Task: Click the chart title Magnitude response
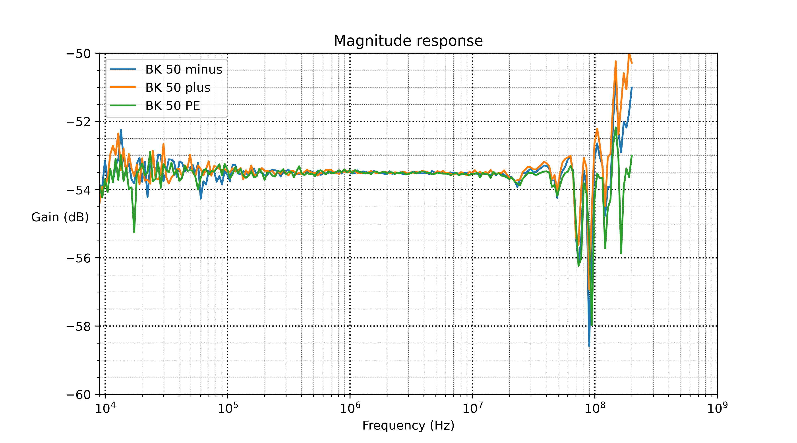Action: [x=408, y=41]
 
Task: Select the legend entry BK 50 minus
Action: [x=184, y=69]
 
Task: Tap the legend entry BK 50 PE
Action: [x=173, y=106]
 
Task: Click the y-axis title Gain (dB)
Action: [x=60, y=217]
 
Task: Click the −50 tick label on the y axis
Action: [x=79, y=54]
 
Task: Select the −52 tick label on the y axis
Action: [x=79, y=122]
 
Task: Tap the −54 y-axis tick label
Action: [x=79, y=190]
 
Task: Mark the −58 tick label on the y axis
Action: [x=79, y=326]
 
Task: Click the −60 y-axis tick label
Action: [x=79, y=394]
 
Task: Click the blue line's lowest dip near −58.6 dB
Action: [x=589, y=346]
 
